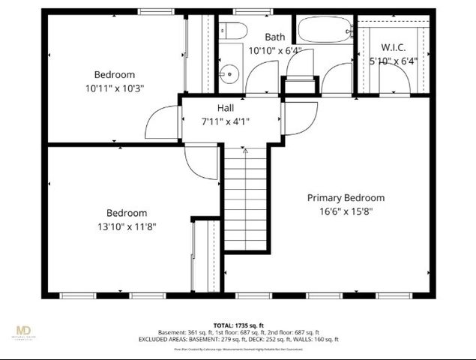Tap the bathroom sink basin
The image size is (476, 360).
229,73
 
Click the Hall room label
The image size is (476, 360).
226,108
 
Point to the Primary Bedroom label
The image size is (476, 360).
346,198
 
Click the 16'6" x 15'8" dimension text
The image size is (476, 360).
346,211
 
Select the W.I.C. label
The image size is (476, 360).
393,47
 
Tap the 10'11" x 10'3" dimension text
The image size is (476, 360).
115,88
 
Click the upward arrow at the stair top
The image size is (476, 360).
246,151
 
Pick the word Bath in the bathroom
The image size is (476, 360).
274,37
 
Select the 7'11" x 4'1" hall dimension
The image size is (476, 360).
226,121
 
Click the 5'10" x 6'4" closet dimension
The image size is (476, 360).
393,61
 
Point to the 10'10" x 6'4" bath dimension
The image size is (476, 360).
274,51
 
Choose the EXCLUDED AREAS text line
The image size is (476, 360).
238,340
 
